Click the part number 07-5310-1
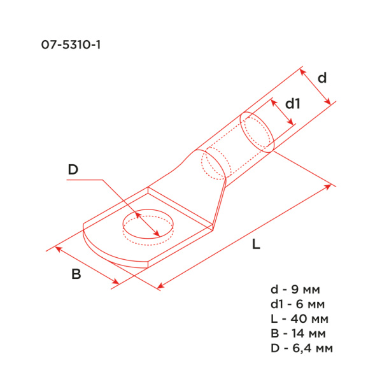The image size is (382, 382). (66, 46)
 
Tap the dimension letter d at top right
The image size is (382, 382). (322, 78)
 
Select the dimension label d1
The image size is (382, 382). (292, 103)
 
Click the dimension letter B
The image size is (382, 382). (76, 275)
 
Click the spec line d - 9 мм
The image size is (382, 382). (299, 290)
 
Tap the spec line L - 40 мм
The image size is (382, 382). (301, 319)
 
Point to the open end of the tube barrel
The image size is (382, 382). (257, 132)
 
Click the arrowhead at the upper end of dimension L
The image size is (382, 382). (330, 186)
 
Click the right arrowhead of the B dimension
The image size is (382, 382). (116, 282)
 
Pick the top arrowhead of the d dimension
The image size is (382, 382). (301, 69)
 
